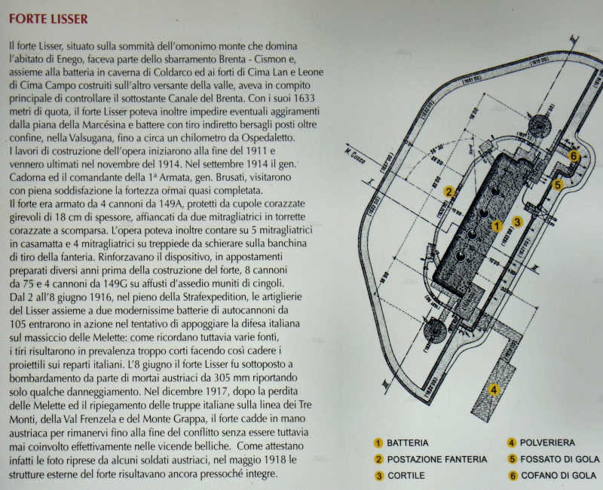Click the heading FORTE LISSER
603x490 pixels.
pos(48,18)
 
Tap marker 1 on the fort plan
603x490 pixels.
pos(496,225)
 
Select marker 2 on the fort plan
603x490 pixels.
pos(448,191)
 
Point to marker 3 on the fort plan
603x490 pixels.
pos(517,222)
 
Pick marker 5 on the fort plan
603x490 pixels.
pos(559,184)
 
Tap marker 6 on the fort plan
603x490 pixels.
pos(574,156)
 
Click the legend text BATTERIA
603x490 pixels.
pos(408,443)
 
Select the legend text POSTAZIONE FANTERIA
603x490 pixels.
pos(436,459)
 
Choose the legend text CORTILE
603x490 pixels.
pos(406,476)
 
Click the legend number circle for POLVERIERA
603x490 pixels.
pos(512,443)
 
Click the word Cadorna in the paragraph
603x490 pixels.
pos(31,179)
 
